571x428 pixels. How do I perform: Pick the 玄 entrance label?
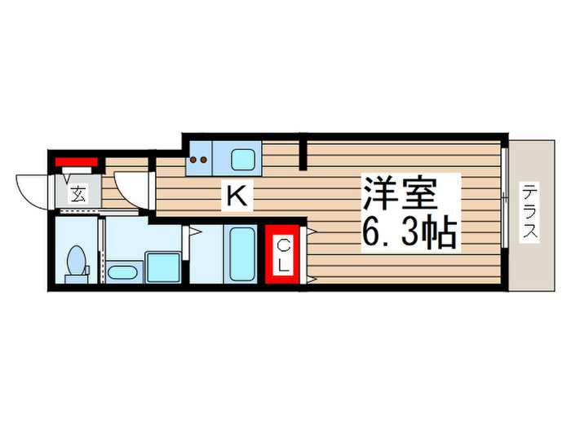pos(78,194)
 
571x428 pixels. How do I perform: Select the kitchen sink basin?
pos(242,157)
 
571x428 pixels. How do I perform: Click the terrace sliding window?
pos(506,196)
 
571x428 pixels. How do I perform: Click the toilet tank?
pos(76,278)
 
